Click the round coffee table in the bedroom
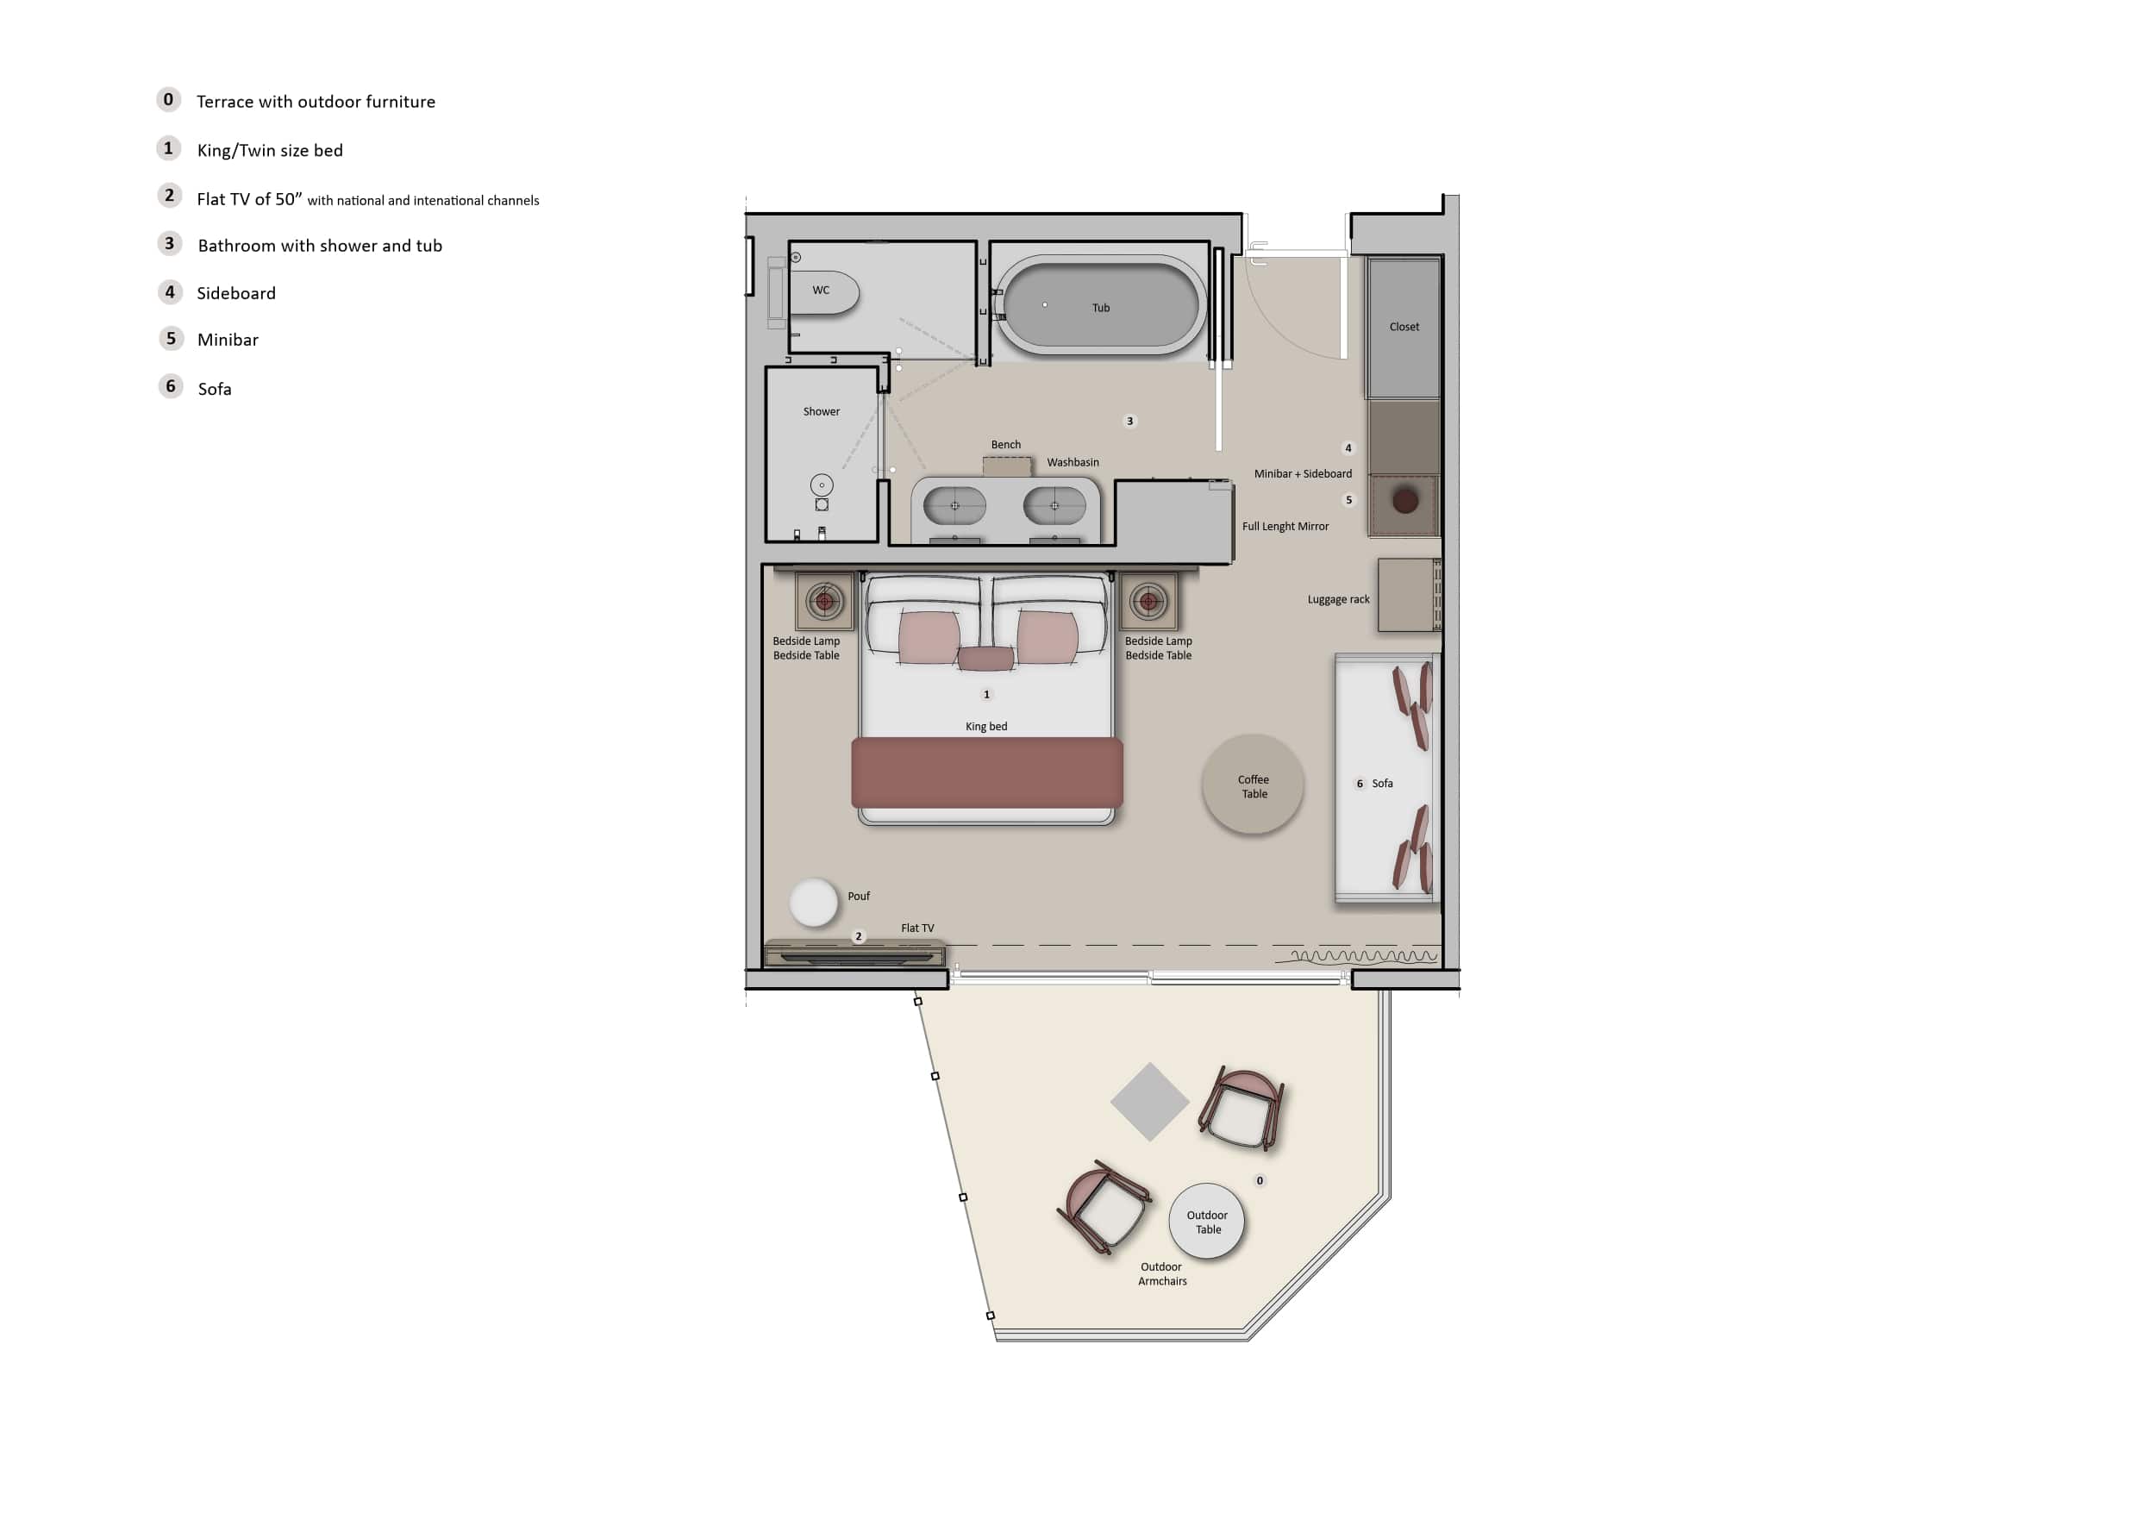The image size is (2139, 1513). [x=1253, y=785]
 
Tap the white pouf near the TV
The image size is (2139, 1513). [x=813, y=902]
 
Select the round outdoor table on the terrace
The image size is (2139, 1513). [x=1206, y=1222]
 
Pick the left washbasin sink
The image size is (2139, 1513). [x=954, y=506]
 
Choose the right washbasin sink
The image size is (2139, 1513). [x=1054, y=506]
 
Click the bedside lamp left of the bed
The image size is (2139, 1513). [x=824, y=602]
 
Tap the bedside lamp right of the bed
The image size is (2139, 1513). [x=1148, y=602]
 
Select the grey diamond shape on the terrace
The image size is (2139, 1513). [x=1149, y=1102]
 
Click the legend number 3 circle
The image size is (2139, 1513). [x=169, y=244]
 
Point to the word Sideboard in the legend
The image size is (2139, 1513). [x=236, y=293]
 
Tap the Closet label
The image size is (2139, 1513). [x=1404, y=327]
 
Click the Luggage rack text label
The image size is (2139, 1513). [x=1339, y=600]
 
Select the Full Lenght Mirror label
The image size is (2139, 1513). [x=1285, y=527]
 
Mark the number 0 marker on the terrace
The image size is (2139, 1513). [x=1260, y=1181]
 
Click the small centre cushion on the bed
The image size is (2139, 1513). [x=985, y=659]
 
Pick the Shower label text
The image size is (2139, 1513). [x=822, y=412]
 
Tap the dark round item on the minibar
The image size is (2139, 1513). [x=1405, y=500]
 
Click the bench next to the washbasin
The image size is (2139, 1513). [x=1007, y=466]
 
